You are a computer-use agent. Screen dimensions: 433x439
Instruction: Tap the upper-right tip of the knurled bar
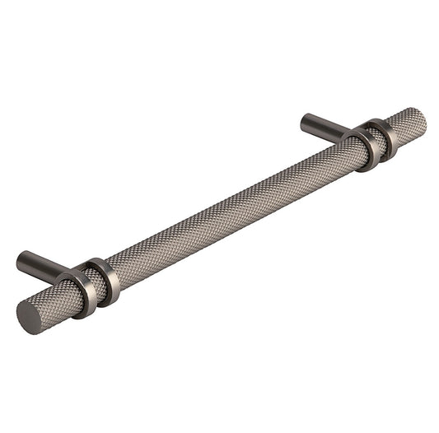click(x=421, y=117)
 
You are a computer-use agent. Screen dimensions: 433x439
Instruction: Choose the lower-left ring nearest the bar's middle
click(x=107, y=279)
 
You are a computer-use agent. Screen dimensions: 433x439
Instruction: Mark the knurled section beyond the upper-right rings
click(x=407, y=124)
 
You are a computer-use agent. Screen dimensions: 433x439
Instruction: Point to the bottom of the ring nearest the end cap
click(x=87, y=314)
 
